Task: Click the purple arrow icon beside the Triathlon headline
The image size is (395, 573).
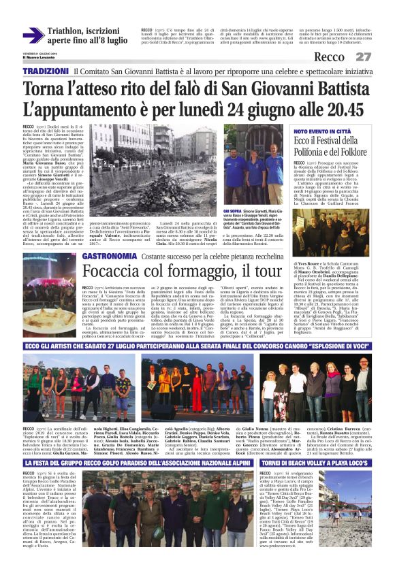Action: click(x=33, y=35)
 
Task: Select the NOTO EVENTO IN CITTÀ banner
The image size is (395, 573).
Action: click(x=323, y=131)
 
